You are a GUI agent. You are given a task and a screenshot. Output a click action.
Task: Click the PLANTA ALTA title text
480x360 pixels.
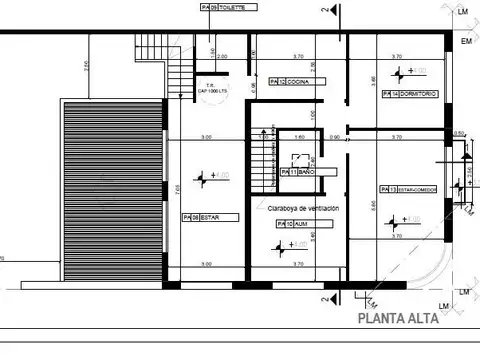point(399,321)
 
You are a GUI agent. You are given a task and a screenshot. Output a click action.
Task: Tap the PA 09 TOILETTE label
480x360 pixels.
point(229,7)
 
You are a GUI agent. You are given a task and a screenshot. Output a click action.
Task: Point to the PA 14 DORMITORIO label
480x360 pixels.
point(409,93)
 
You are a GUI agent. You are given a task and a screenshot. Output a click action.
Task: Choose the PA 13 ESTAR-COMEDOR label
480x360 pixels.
point(409,188)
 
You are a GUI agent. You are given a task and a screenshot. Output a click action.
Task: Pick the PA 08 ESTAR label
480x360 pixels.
point(201,216)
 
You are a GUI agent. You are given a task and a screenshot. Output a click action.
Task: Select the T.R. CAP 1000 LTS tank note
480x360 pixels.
point(210,89)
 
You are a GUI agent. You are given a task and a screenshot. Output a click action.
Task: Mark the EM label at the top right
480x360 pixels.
point(466,41)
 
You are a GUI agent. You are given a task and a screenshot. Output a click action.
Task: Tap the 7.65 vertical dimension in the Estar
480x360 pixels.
point(177,185)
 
